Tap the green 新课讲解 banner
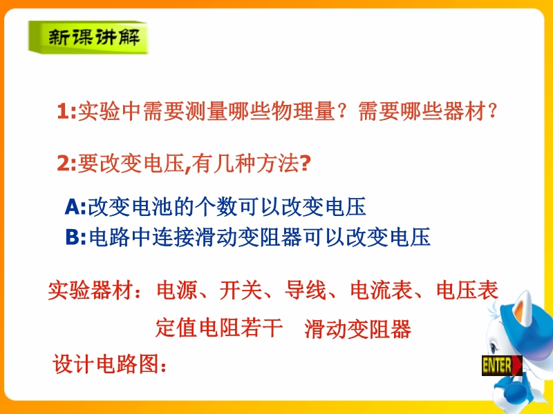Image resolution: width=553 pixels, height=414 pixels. (x=88, y=37)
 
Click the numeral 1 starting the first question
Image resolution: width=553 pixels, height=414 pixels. (x=62, y=111)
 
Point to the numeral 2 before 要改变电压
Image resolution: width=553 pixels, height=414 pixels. (x=63, y=164)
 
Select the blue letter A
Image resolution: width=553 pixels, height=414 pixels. (x=72, y=206)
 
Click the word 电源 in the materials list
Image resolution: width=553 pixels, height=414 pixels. (x=177, y=290)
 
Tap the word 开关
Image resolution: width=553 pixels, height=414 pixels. (x=241, y=290)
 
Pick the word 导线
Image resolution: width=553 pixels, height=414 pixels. (x=306, y=290)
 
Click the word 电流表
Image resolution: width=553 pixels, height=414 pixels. (x=382, y=290)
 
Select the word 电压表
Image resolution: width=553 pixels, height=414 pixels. (x=467, y=290)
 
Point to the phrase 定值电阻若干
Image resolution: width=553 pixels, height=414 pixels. (x=219, y=328)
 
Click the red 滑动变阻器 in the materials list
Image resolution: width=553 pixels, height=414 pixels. (x=357, y=329)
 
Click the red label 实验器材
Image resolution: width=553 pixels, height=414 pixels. (x=90, y=290)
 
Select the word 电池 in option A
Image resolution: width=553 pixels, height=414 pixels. (x=152, y=206)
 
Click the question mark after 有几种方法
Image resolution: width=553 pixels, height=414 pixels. (x=305, y=163)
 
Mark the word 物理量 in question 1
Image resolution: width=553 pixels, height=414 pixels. (x=303, y=111)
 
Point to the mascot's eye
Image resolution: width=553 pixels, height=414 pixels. (x=493, y=348)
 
